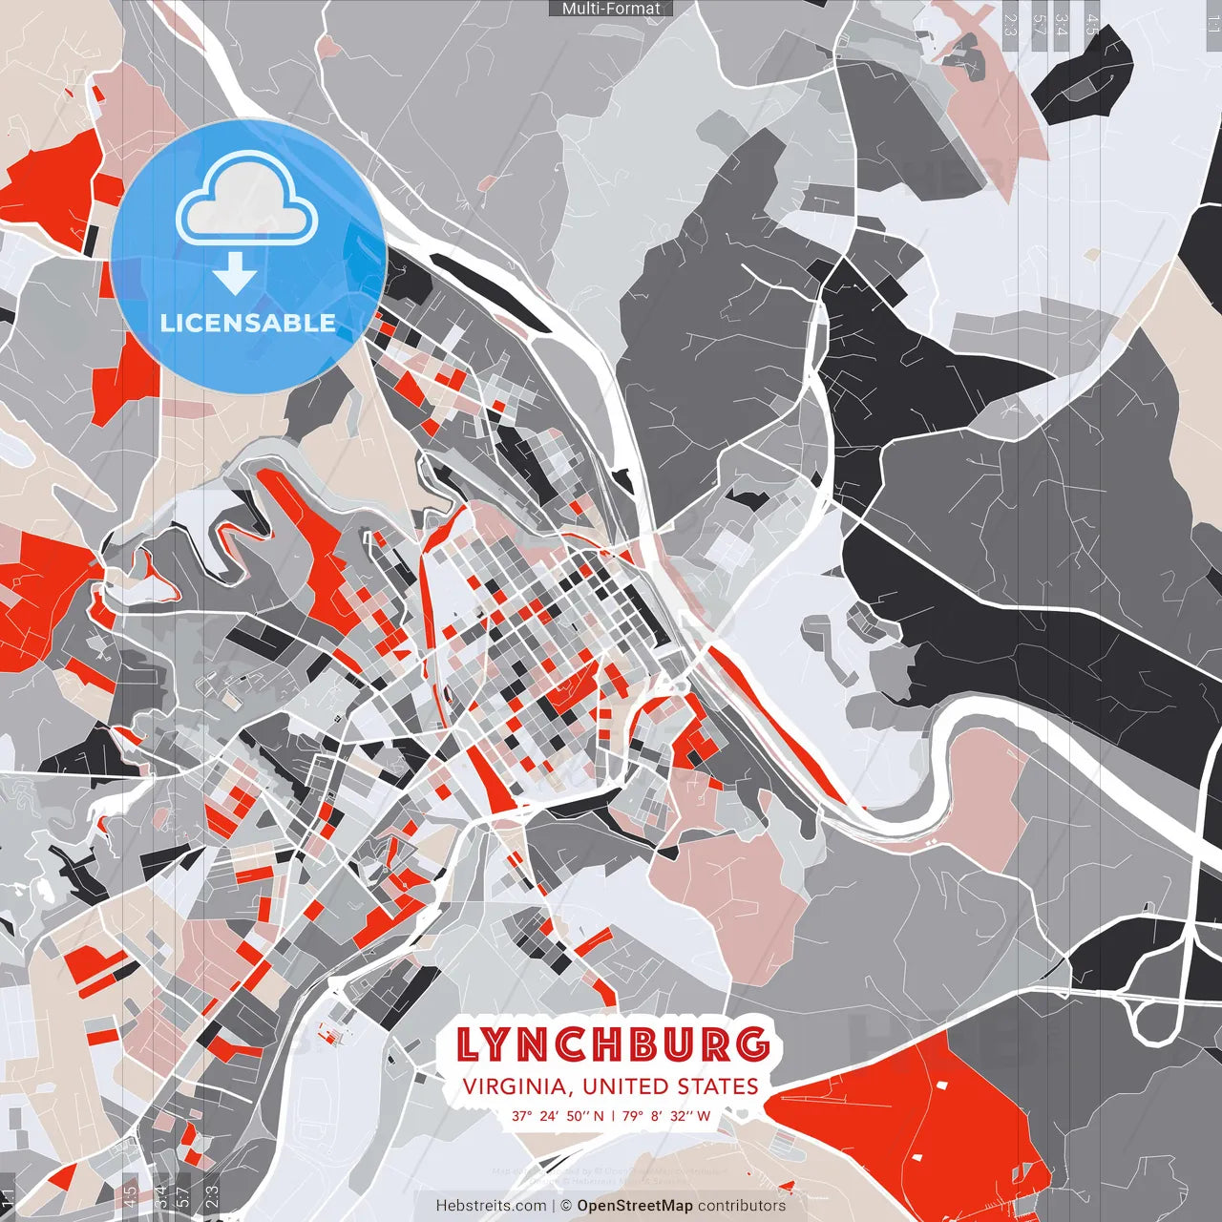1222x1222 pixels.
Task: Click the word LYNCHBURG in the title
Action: pyautogui.click(x=612, y=1044)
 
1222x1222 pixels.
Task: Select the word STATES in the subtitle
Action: pyautogui.click(x=718, y=1086)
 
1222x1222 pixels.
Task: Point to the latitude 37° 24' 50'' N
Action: pyautogui.click(x=558, y=1115)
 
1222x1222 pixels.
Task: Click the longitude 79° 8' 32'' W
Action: pyautogui.click(x=666, y=1115)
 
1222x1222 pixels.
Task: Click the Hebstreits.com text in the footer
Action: pyautogui.click(x=492, y=1206)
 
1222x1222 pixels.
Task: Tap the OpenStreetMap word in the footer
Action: pyautogui.click(x=635, y=1206)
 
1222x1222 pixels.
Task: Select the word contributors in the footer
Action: pyautogui.click(x=742, y=1206)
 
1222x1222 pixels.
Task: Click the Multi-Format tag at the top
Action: pyautogui.click(x=611, y=9)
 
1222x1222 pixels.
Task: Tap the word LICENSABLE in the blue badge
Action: pyautogui.click(x=248, y=323)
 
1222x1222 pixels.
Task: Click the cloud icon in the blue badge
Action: pyautogui.click(x=247, y=200)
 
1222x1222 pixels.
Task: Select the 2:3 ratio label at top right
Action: pyautogui.click(x=1010, y=24)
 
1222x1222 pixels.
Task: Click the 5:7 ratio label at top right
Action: pyautogui.click(x=1040, y=24)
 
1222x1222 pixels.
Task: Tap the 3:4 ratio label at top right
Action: pyautogui.click(x=1061, y=24)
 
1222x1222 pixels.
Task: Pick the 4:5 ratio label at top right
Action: pyautogui.click(x=1092, y=24)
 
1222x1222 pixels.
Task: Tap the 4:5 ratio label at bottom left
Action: pyautogui.click(x=130, y=1197)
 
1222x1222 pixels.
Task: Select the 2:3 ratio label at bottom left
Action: pyautogui.click(x=212, y=1197)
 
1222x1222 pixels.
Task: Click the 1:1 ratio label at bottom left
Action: pyautogui.click(x=9, y=1197)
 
